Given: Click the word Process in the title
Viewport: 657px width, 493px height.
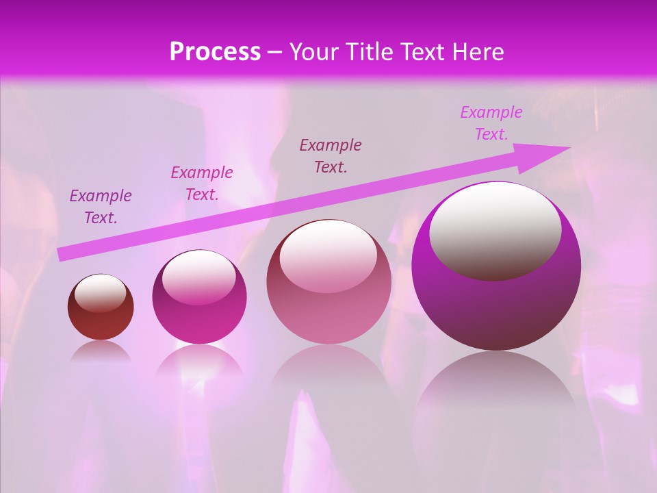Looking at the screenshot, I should tap(215, 52).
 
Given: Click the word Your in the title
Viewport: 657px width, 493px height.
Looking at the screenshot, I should tap(315, 52).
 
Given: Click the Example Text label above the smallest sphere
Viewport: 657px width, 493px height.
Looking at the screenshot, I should tap(101, 207).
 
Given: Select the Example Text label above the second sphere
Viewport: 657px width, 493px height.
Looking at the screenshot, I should tap(201, 184).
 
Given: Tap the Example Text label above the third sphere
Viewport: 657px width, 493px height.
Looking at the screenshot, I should tap(331, 156).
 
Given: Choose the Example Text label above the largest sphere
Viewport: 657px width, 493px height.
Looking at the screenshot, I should tap(491, 123).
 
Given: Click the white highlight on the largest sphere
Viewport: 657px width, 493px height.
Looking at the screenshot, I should tap(495, 229).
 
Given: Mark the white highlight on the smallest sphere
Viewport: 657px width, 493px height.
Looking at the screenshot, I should tap(100, 292).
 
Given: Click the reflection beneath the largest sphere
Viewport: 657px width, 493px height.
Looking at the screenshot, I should tap(496, 390).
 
